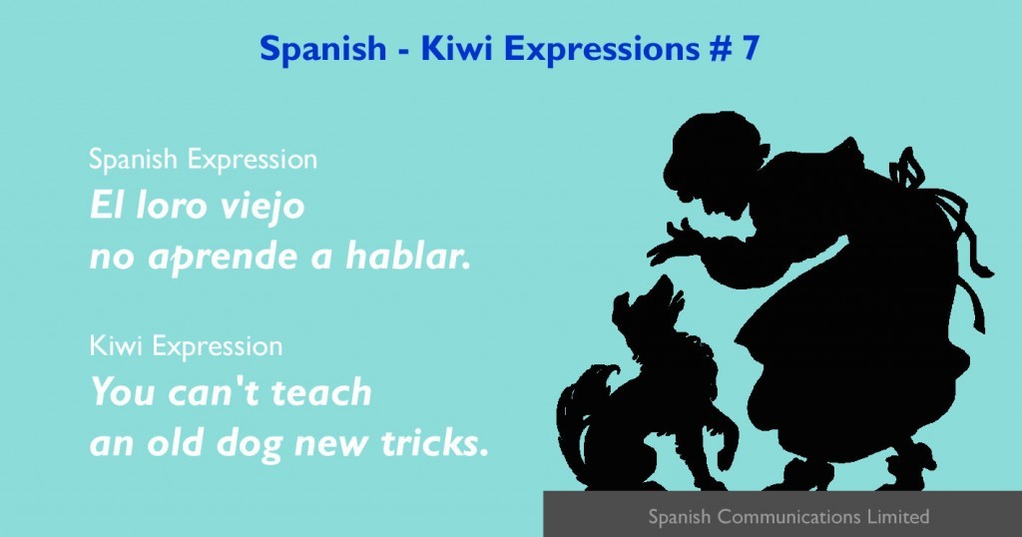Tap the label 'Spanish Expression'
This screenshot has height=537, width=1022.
point(204,160)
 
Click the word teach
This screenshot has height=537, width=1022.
point(321,392)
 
